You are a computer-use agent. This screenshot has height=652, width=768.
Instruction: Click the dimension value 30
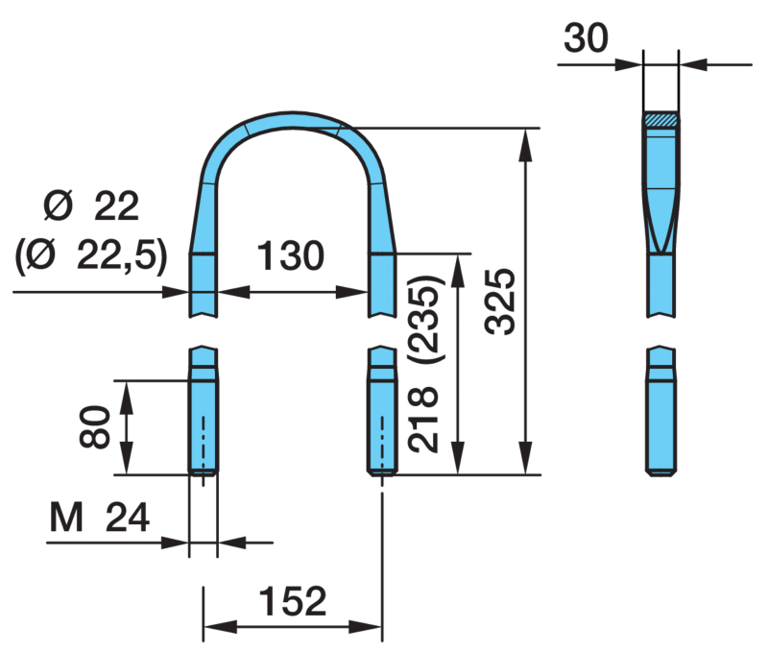pyautogui.click(x=586, y=38)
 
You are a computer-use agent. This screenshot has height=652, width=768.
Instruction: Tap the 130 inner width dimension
pyautogui.click(x=291, y=255)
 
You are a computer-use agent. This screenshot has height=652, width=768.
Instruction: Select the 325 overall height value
pyautogui.click(x=500, y=302)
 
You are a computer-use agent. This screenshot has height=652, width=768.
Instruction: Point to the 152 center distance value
pyautogui.click(x=293, y=600)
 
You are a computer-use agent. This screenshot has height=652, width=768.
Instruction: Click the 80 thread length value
pyautogui.click(x=94, y=426)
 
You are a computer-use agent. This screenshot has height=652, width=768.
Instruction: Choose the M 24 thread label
pyautogui.click(x=100, y=518)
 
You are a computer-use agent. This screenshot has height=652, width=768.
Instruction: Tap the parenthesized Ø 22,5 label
pyautogui.click(x=91, y=256)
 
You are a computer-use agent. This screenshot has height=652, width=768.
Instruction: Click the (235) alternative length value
pyautogui.click(x=425, y=319)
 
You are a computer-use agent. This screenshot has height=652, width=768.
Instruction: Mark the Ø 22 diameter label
pyautogui.click(x=91, y=206)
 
